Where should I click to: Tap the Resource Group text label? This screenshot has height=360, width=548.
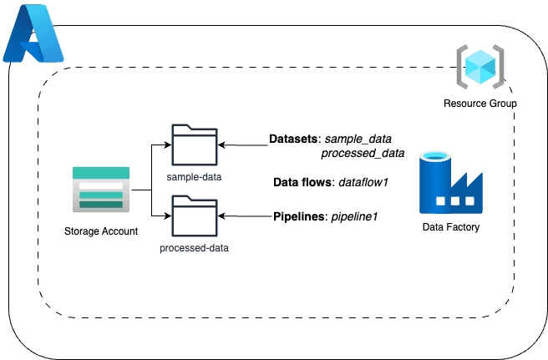(x=479, y=104)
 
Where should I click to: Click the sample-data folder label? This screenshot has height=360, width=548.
(x=194, y=178)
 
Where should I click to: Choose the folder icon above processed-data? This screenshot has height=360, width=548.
(x=194, y=215)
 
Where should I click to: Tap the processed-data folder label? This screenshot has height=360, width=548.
(x=194, y=248)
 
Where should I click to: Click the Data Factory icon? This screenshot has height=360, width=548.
(x=450, y=183)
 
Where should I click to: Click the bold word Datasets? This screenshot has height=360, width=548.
(x=293, y=138)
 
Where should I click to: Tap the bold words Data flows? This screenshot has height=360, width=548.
(x=303, y=182)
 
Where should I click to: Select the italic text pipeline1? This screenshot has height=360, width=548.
(x=354, y=217)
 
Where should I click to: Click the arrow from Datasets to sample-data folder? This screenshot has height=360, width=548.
(x=243, y=144)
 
